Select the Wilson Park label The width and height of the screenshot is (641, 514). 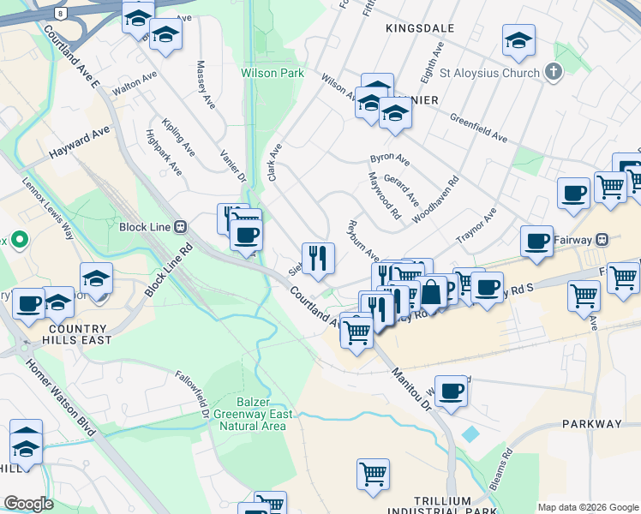tap(273, 74)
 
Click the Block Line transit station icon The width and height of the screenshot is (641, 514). tap(181, 227)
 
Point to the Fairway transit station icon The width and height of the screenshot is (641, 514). tap(602, 238)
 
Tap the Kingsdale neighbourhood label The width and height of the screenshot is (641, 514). tap(420, 28)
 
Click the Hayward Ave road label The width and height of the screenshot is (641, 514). tap(80, 142)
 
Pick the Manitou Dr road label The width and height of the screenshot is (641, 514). tap(412, 389)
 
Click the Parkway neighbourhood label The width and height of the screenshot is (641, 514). tap(592, 424)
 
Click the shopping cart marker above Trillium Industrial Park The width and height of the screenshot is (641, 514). tap(373, 473)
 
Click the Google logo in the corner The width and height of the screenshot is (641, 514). tap(27, 504)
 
